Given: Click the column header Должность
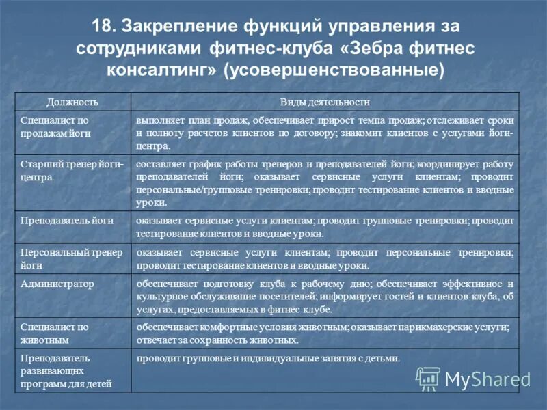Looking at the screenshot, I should click(72, 102).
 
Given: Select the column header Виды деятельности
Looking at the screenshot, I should click(325, 102).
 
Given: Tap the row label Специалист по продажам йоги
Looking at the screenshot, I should click(55, 127).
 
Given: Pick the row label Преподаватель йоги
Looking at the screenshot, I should click(66, 221).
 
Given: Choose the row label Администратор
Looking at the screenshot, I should click(57, 284).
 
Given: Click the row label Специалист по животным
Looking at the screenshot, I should click(55, 333).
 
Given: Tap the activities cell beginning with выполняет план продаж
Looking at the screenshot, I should click(325, 133).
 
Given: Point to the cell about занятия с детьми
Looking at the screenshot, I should click(268, 359).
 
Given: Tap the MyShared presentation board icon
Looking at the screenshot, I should click(429, 379).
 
